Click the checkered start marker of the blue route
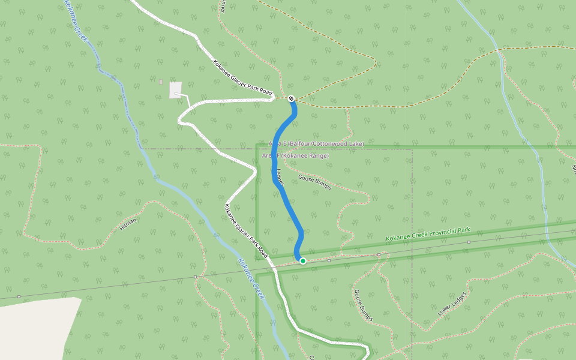(x=291, y=98)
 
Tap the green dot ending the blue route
(x=303, y=260)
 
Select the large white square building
(x=176, y=90)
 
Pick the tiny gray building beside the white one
(x=161, y=82)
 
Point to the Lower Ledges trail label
(x=452, y=304)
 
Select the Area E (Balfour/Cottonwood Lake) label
(x=317, y=144)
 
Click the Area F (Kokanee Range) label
(x=295, y=156)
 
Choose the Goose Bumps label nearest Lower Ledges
(x=363, y=305)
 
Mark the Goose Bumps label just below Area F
(x=314, y=182)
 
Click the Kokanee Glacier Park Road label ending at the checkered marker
(x=242, y=78)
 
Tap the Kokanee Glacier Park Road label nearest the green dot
(x=245, y=231)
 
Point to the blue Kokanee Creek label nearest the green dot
(x=250, y=278)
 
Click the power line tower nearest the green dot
(x=329, y=261)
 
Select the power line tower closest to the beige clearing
(x=19, y=296)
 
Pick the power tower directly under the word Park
(x=469, y=242)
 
